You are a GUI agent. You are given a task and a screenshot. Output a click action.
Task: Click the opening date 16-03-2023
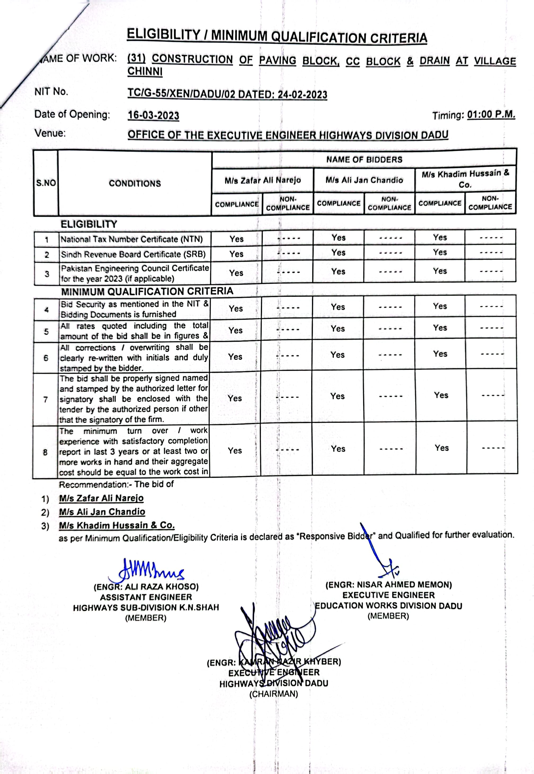tap(153, 115)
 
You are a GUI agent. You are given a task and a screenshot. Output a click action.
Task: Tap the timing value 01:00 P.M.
tap(491, 115)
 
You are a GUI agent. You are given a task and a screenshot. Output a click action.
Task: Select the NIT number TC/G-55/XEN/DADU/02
tap(181, 94)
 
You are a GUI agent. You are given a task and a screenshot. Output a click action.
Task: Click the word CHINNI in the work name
tap(145, 71)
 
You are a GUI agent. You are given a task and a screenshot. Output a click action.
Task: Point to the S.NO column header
tap(46, 183)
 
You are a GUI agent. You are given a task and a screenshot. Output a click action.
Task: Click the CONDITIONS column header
tap(135, 183)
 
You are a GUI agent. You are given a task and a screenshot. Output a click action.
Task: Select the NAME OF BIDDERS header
tap(364, 159)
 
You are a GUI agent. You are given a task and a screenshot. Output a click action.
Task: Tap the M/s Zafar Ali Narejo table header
tap(263, 181)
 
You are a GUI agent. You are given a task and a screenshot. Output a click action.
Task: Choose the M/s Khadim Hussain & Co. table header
tap(465, 179)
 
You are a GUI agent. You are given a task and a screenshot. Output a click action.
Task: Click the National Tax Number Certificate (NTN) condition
tap(131, 239)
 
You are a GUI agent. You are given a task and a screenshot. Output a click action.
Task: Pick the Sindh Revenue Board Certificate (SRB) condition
tap(133, 254)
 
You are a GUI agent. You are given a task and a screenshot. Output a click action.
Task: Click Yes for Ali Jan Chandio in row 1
tap(338, 238)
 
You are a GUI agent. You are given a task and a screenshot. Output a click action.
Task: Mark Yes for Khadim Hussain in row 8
tap(441, 448)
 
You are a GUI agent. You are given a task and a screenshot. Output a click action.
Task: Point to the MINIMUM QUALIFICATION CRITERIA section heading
tap(147, 291)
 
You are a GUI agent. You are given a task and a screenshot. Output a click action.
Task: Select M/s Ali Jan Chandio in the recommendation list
tap(102, 512)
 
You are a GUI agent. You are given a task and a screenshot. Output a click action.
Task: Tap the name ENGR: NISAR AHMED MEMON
tap(389, 585)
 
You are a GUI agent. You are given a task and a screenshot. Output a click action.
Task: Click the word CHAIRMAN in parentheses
tap(273, 694)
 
